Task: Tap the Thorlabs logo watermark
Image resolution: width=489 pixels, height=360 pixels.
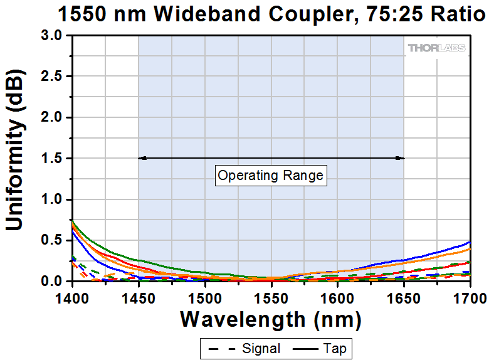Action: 437,48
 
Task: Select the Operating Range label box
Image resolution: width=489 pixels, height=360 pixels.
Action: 271,176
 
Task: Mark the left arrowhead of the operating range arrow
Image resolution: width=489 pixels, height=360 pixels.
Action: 142,158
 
